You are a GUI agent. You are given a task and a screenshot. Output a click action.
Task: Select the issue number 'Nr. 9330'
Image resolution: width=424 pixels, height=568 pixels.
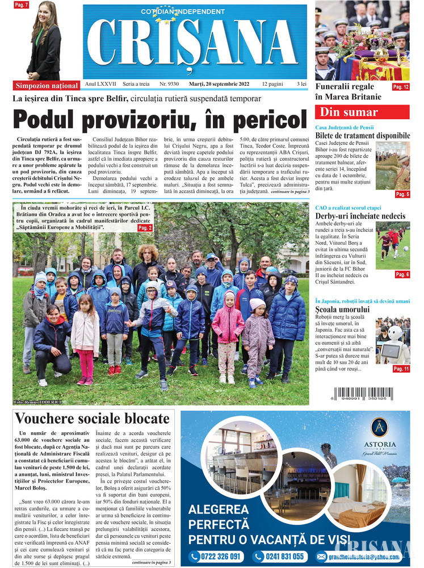(169, 84)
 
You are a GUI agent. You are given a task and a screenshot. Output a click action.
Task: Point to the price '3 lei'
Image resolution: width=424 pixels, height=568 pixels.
(301, 84)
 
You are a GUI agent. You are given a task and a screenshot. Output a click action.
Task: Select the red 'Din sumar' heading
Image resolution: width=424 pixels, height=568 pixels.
(362, 112)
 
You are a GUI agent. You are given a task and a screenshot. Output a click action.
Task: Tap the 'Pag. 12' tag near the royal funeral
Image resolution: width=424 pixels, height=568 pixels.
(401, 87)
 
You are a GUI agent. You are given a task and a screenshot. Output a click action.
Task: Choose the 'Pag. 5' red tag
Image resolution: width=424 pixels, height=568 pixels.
(402, 194)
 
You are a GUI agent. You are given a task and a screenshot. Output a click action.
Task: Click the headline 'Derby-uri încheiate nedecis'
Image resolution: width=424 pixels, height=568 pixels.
(360, 216)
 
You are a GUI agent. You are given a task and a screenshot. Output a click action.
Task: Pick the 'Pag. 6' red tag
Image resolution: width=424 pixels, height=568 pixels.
(402, 274)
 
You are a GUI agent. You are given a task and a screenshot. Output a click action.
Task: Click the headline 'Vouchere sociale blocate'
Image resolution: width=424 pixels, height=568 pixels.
(92, 419)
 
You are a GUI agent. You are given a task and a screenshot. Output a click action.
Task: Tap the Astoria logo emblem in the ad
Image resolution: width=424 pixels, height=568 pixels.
(379, 427)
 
